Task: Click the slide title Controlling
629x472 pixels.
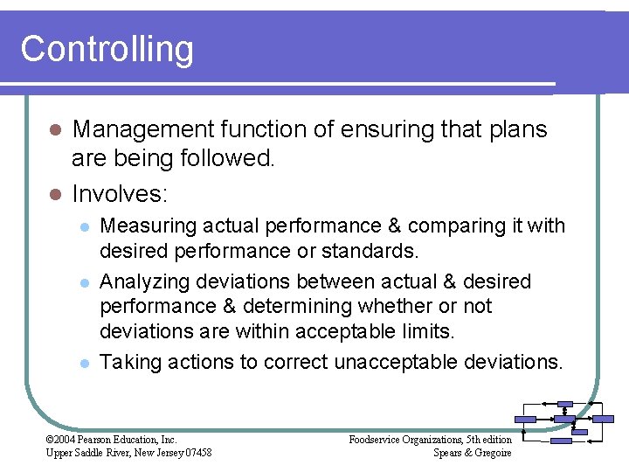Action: (x=107, y=49)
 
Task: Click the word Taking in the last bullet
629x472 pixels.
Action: (x=126, y=362)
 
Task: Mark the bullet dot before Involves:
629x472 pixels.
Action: (x=54, y=192)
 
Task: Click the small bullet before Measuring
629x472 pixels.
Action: (x=84, y=226)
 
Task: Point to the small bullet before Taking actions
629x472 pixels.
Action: (x=84, y=363)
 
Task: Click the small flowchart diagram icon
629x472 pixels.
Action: (x=564, y=423)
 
